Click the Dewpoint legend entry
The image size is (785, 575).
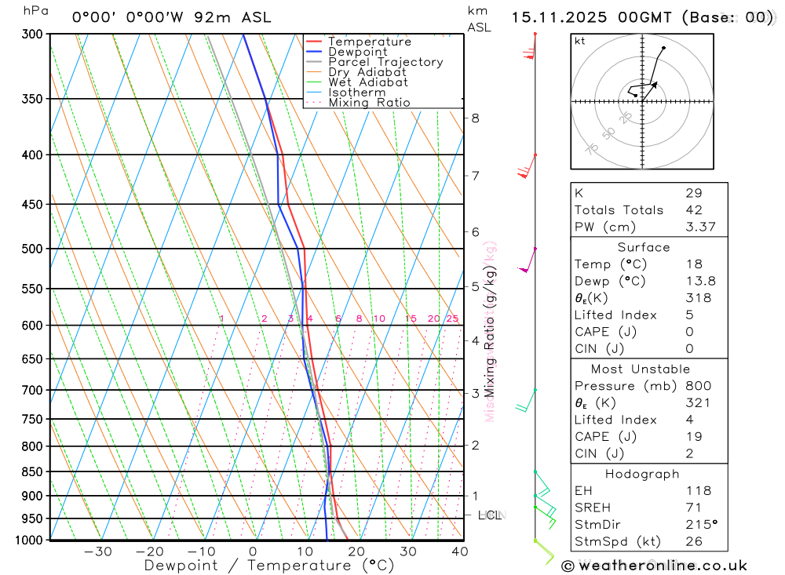coord(358,52)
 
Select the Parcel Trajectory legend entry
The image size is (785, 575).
coord(385,62)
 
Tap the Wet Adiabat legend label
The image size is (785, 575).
coord(368,82)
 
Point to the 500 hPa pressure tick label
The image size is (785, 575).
coord(32,249)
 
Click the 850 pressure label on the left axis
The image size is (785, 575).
coord(32,471)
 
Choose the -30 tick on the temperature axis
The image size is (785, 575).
coord(97,551)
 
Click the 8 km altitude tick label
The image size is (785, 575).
coord(475,118)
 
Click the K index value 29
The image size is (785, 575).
coord(693,193)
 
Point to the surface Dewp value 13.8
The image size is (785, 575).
coord(698,281)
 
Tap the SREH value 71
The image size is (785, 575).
coord(693,508)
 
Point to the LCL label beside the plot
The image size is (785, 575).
coord(490,515)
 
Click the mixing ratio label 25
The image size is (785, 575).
coord(452,318)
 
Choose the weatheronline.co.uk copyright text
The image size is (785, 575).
coord(654,565)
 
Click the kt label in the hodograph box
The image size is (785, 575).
coord(579,41)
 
